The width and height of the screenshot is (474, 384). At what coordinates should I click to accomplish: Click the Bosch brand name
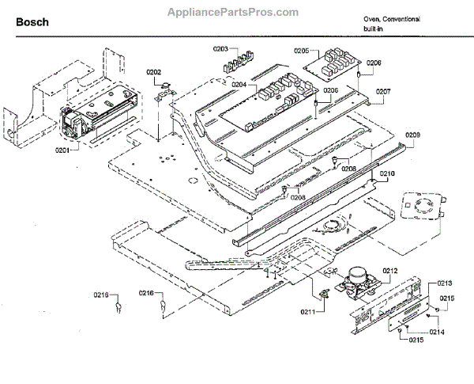point(32,22)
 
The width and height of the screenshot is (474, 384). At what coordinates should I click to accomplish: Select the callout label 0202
point(154,72)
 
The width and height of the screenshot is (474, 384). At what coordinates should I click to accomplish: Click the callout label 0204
point(239,85)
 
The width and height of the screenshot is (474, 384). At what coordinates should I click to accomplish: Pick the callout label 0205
point(300,51)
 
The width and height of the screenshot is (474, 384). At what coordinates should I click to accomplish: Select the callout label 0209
point(412,135)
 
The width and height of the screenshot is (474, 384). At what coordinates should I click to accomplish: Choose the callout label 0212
point(390,272)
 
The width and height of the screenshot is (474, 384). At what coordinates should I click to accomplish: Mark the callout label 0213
point(445,282)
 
